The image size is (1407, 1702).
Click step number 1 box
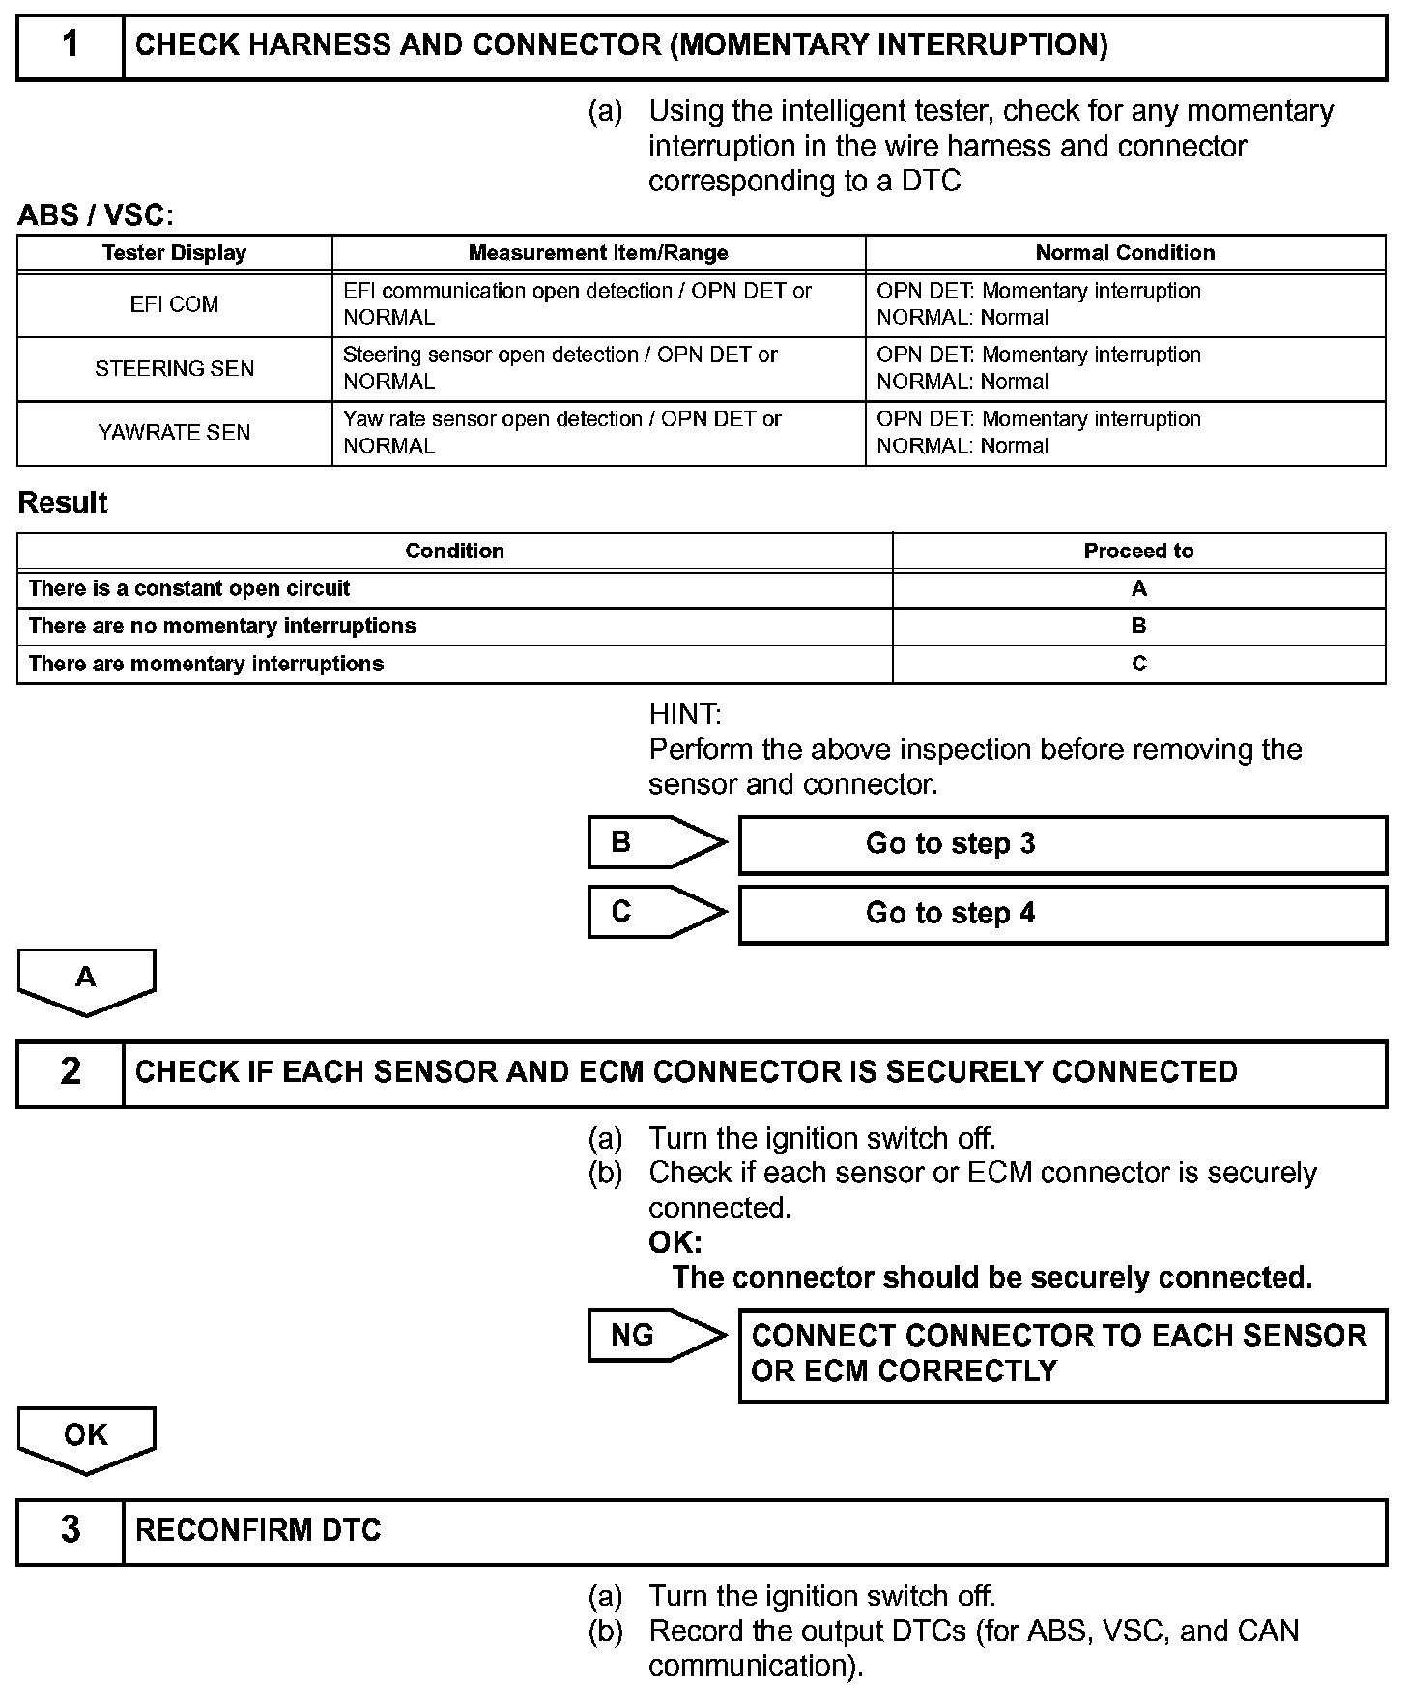point(71,45)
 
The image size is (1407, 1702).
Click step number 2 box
point(71,1072)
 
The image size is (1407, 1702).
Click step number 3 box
point(71,1530)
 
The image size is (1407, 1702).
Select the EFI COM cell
point(175,304)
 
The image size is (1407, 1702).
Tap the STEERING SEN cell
point(175,368)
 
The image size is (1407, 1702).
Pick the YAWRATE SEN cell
point(175,432)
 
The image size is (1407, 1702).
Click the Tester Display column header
point(175,253)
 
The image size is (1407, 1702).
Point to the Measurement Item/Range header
point(598,253)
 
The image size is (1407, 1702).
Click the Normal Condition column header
point(1125,253)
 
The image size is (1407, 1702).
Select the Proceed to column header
point(1138,551)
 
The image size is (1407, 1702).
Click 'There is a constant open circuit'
point(189,588)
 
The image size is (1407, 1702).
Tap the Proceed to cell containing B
point(1138,626)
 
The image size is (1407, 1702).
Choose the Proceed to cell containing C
point(1138,664)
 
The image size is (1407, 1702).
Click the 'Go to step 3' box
point(1062,844)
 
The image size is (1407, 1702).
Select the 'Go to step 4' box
point(1062,914)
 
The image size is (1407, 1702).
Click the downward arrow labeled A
point(86,979)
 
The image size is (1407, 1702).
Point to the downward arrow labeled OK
point(86,1436)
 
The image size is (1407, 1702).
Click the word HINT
point(685,715)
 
